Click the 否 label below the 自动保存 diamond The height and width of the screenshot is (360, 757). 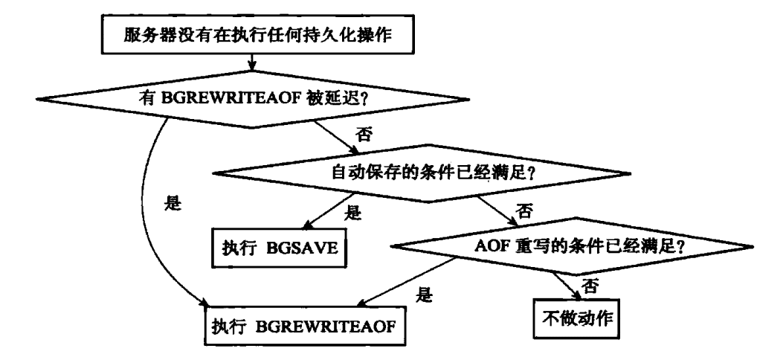click(x=526, y=212)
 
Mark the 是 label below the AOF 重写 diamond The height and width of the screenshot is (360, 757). click(x=425, y=295)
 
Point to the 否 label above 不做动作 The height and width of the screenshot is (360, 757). click(x=592, y=284)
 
